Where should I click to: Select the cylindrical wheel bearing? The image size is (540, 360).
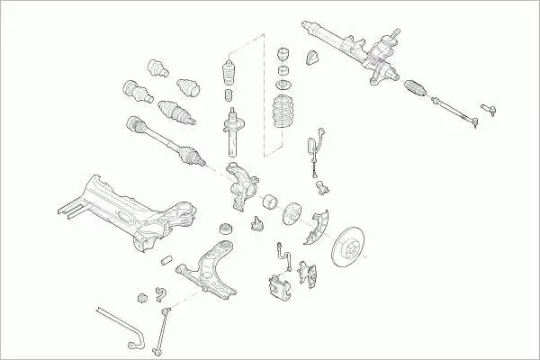click(268, 201)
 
